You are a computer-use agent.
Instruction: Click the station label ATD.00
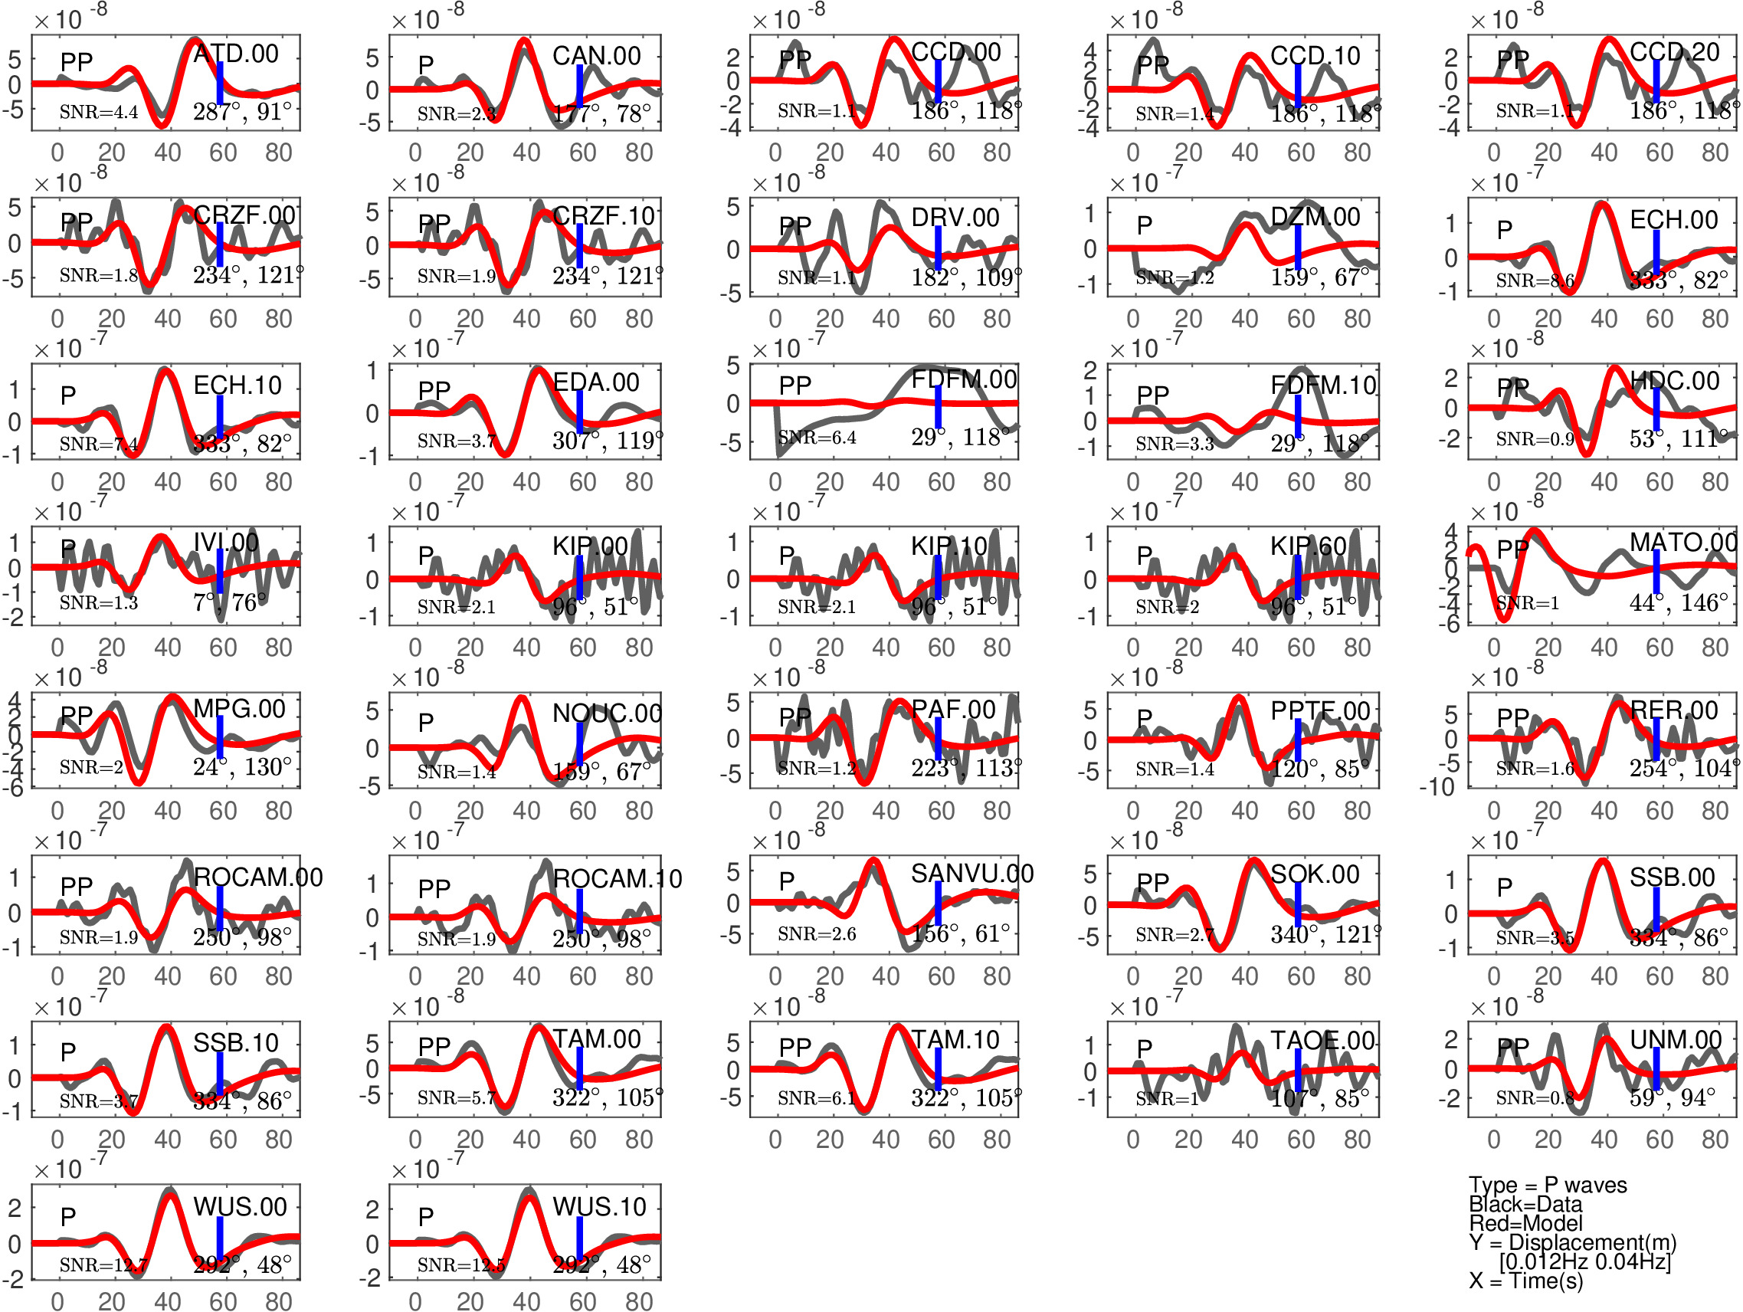pos(236,54)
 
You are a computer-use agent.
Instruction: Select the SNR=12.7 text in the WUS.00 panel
pos(103,1265)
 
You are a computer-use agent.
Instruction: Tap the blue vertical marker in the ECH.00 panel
pos(1656,254)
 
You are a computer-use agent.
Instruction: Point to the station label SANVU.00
pos(971,874)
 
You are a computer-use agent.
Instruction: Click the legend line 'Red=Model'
pos(1525,1223)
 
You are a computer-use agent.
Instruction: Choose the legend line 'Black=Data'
pos(1525,1204)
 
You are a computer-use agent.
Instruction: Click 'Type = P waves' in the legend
pos(1547,1185)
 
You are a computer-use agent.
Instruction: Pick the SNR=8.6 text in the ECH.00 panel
pos(1534,280)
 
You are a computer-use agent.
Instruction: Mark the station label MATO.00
pos(1683,543)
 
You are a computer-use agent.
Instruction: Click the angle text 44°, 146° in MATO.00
pos(1678,603)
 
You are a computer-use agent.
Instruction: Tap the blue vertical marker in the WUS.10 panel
pos(579,1238)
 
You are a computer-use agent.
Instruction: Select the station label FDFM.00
pos(964,380)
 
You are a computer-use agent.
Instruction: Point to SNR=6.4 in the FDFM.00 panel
pos(817,438)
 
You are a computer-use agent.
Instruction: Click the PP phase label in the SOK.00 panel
pos(1153,883)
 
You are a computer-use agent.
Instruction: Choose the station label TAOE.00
pos(1322,1041)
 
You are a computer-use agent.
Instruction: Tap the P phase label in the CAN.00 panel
pos(425,64)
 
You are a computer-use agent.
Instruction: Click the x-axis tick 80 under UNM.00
pos(1715,1140)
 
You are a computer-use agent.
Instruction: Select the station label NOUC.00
pos(607,714)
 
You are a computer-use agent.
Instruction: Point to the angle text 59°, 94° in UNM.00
pos(1671,1097)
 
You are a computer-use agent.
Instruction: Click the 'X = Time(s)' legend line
pos(1525,1281)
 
